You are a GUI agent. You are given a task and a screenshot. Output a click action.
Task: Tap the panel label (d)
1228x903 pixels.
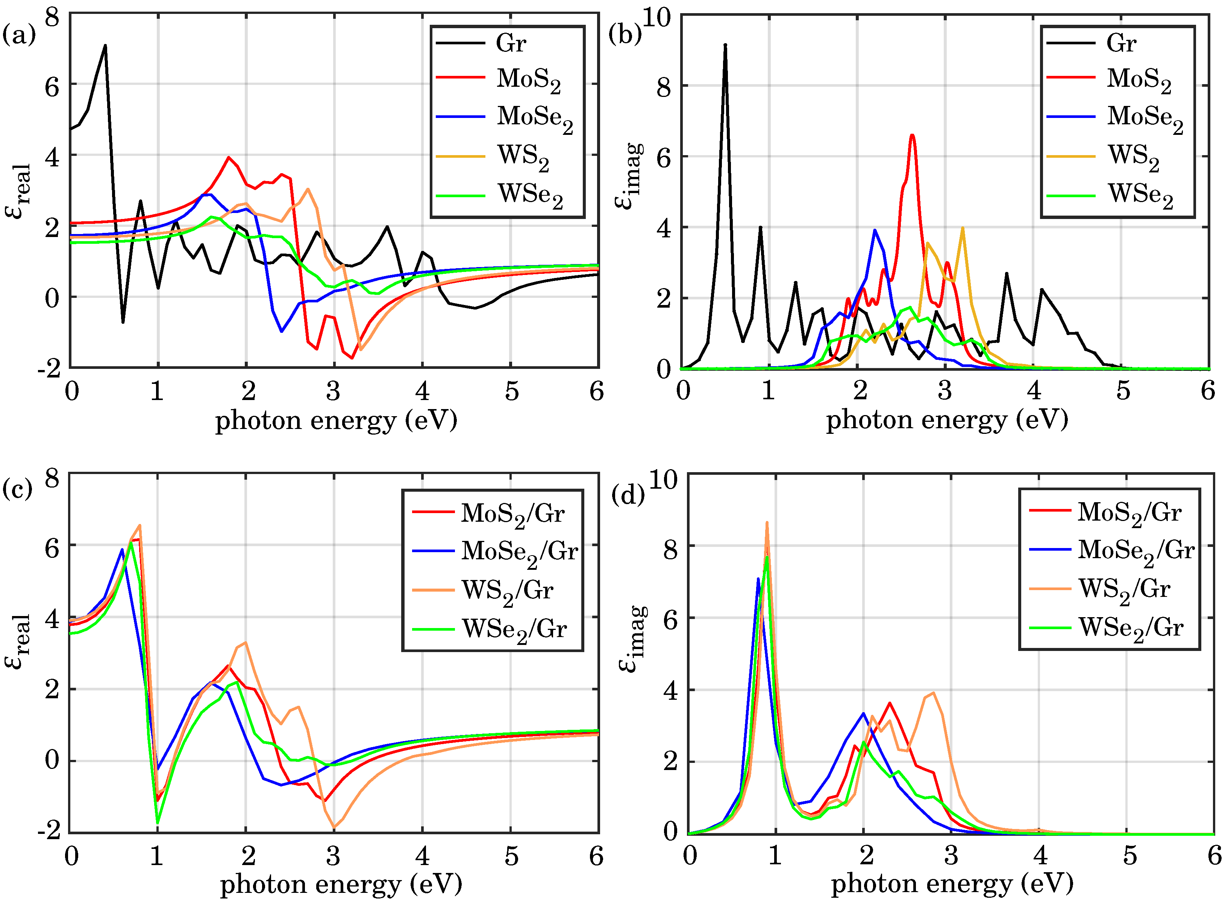tap(628, 495)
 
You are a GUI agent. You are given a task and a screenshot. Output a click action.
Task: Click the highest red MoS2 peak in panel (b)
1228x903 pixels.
tap(912, 135)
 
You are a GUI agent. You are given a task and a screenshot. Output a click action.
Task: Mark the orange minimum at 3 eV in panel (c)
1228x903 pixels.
tap(334, 827)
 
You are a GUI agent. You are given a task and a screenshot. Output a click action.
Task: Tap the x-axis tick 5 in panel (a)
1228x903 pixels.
tap(511, 391)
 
